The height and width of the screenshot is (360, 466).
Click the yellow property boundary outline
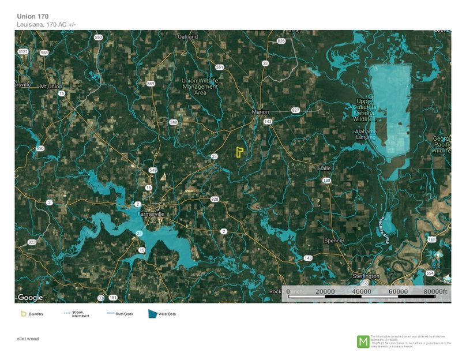pyautogui.click(x=239, y=152)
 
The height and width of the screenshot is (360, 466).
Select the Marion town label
pyautogui.click(x=261, y=112)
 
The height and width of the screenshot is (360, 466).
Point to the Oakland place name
pyautogui.click(x=188, y=37)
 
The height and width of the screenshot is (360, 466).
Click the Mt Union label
pyautogui.click(x=50, y=87)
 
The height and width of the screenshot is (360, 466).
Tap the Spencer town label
pyautogui.click(x=335, y=240)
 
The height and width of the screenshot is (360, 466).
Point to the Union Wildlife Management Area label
pyautogui.click(x=200, y=87)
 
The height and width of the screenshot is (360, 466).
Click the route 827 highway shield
pyautogui.click(x=295, y=110)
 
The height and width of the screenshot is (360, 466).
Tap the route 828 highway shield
pyautogui.click(x=215, y=200)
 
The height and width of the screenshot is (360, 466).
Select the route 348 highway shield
pyautogui.click(x=173, y=122)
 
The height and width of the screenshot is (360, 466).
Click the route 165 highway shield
pyautogui.click(x=432, y=239)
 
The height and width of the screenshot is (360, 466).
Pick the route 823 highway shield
pyautogui.click(x=32, y=242)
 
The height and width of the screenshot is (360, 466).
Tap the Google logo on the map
pyautogui.click(x=30, y=297)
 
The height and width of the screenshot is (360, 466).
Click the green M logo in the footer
pyautogui.click(x=363, y=341)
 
